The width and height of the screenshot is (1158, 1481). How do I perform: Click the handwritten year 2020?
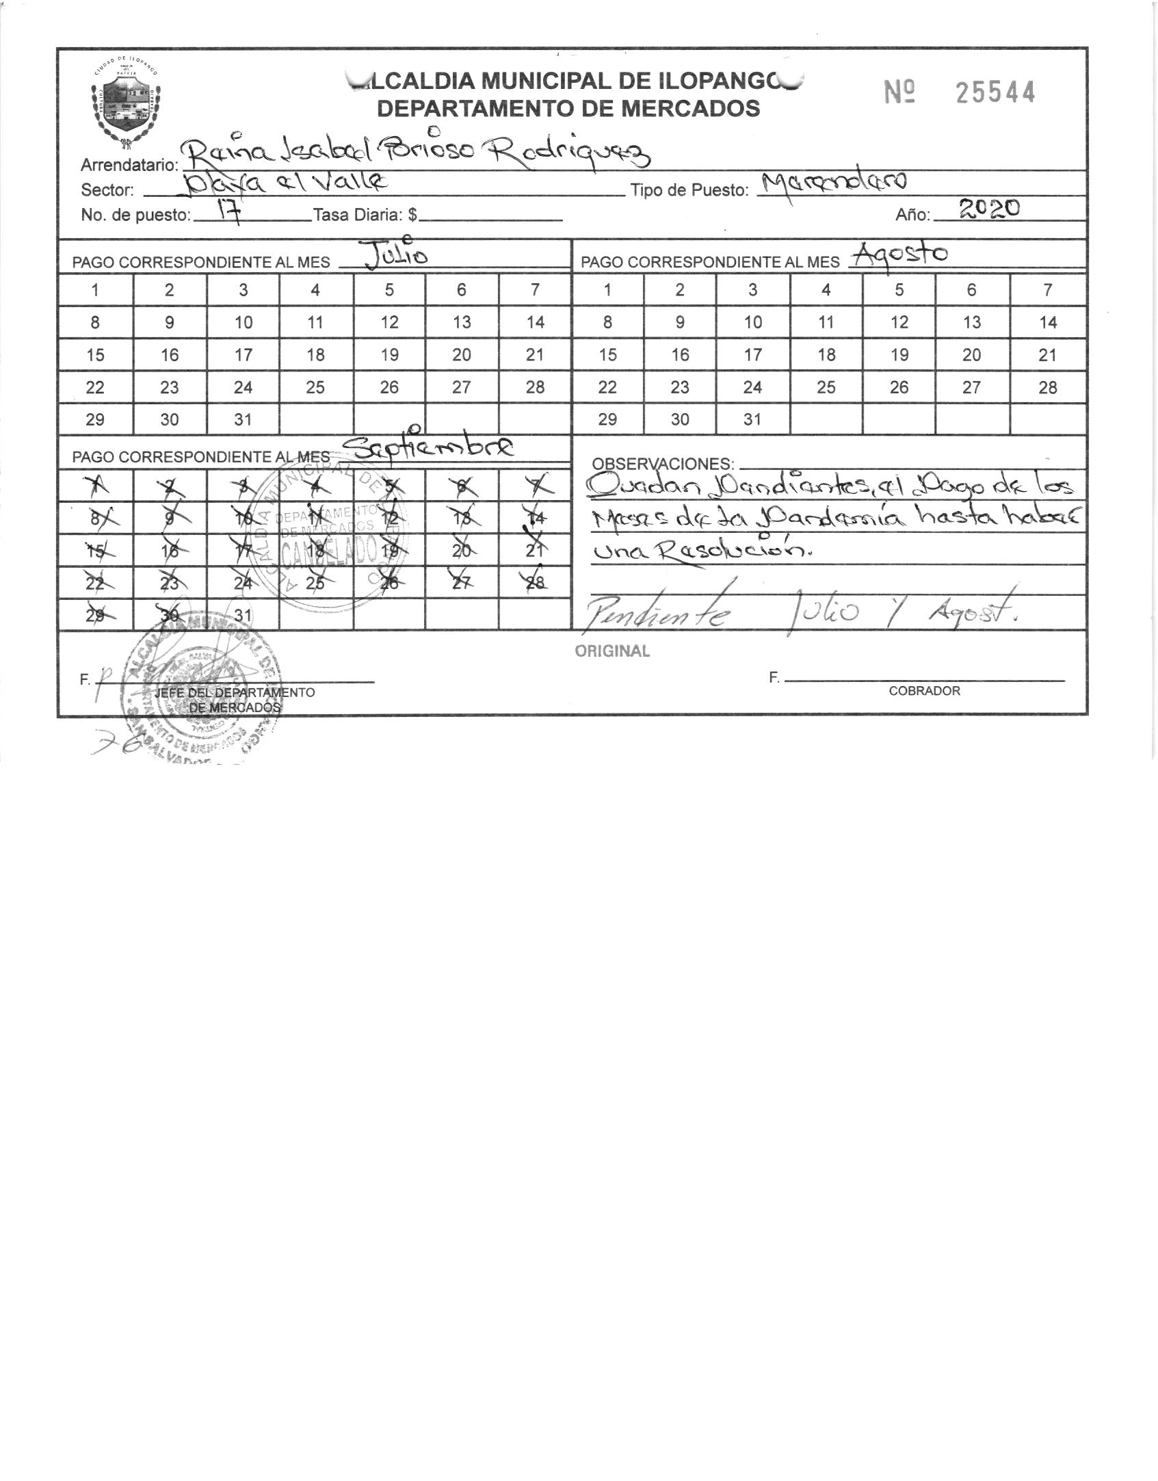coord(989,209)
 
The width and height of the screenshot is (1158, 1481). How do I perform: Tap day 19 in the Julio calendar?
coord(389,355)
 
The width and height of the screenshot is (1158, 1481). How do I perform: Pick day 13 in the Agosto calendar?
coord(971,322)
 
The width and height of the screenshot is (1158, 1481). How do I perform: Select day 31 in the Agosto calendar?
coord(752,419)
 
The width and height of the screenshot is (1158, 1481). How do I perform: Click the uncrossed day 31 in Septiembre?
coord(243,615)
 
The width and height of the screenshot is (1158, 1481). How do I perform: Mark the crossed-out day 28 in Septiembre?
coord(535,583)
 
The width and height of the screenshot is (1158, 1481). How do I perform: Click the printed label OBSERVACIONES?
coord(662,464)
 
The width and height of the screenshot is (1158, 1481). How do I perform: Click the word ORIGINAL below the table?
coord(612,651)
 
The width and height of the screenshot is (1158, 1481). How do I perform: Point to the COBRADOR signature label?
coord(924,691)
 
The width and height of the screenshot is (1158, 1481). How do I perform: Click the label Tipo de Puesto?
coord(689,191)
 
